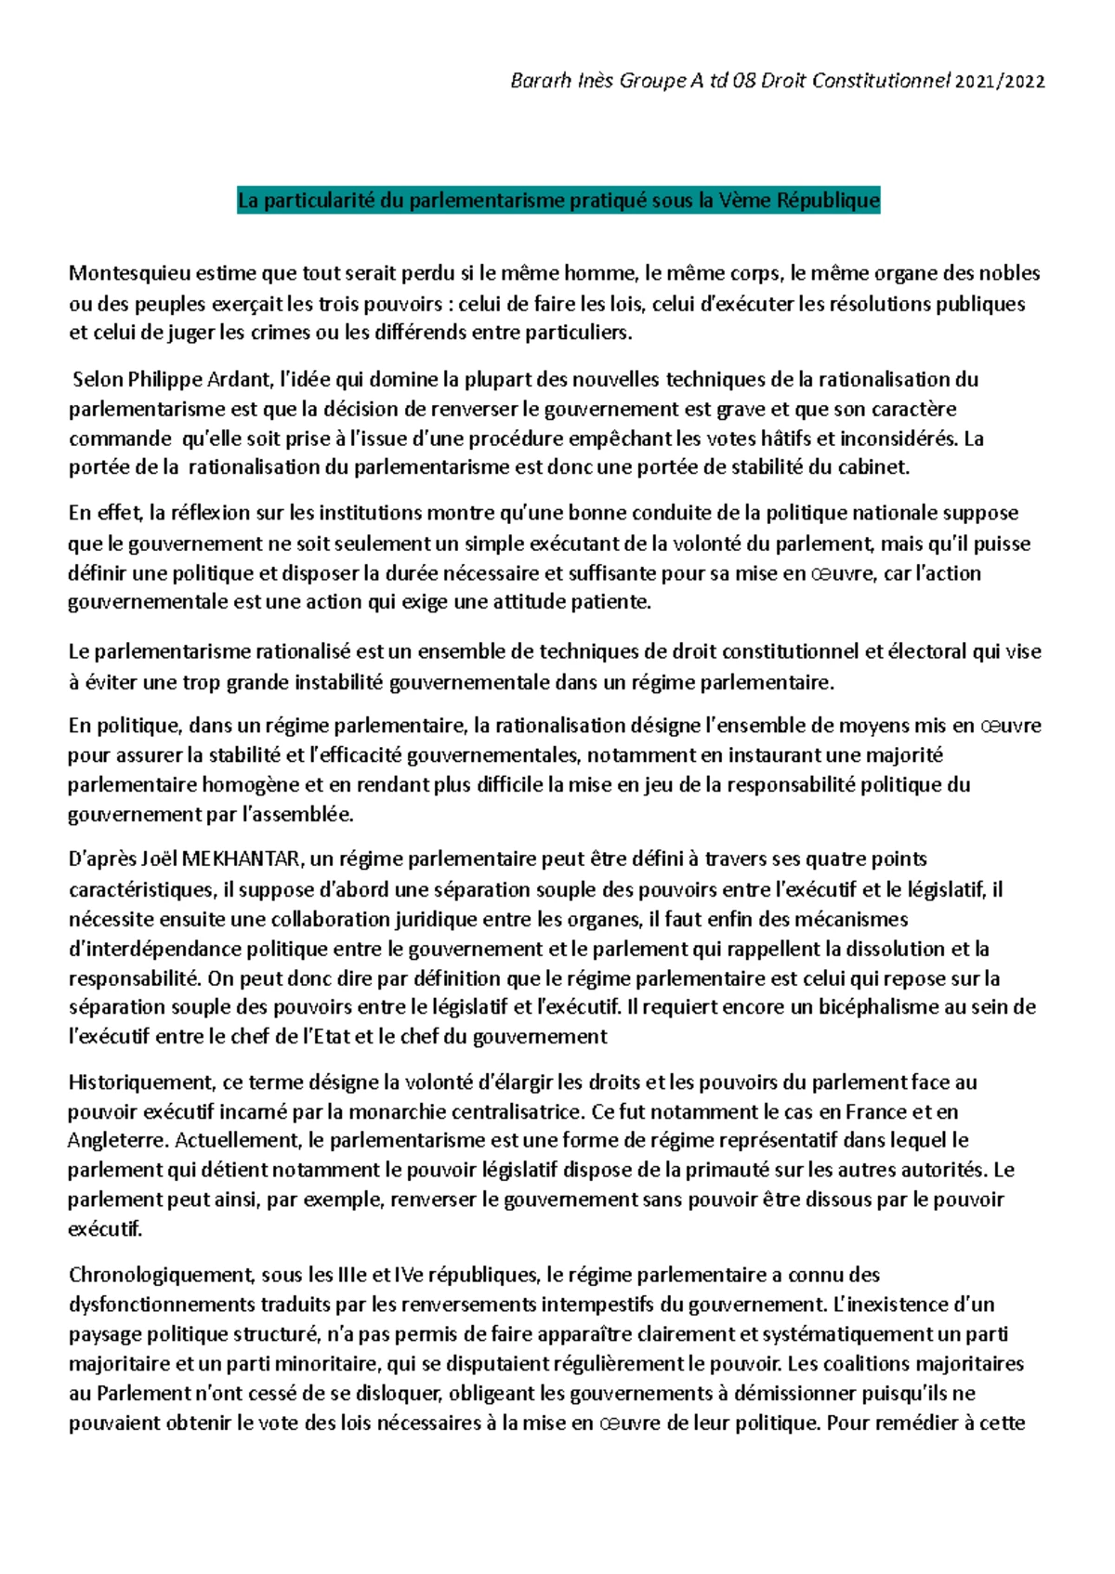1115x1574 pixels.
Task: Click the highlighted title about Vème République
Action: point(558,201)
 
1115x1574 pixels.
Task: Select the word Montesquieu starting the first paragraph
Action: point(129,273)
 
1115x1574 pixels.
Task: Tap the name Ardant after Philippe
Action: point(245,379)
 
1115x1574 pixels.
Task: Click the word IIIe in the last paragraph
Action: point(352,1275)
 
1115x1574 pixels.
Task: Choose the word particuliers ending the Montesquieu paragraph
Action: point(578,333)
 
